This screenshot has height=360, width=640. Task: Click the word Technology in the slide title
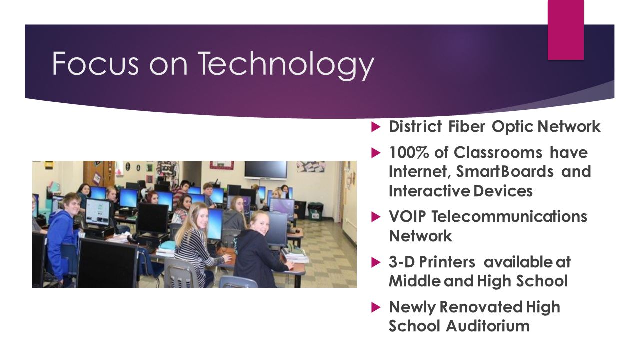(286, 65)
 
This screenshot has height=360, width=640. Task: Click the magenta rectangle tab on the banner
(565, 30)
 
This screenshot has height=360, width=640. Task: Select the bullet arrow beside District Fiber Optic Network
(376, 127)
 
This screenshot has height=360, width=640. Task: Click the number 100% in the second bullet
(409, 152)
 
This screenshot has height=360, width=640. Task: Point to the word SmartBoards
(505, 171)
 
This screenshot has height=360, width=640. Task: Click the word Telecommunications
(509, 217)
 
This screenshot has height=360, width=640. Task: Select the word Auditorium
(488, 326)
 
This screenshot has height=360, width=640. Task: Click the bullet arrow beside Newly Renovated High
(376, 307)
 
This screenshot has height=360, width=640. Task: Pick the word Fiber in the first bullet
(467, 126)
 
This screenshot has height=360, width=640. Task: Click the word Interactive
(430, 191)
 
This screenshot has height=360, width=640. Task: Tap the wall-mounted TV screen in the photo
(266, 170)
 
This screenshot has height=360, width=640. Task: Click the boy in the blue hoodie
(63, 237)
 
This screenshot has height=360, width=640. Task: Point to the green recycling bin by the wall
(315, 211)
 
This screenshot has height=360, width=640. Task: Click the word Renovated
(481, 307)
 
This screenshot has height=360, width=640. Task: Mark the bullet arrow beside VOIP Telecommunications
(376, 217)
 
